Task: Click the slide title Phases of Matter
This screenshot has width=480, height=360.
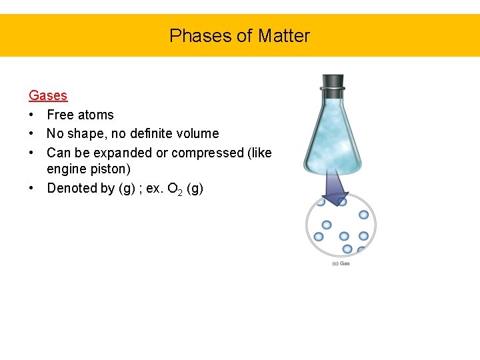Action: pos(239,35)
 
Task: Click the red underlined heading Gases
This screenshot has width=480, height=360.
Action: pos(48,95)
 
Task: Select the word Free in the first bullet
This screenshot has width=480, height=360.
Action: pos(60,115)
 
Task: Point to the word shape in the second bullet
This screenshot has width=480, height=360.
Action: pos(85,133)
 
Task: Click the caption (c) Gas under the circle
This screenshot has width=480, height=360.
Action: pos(341,263)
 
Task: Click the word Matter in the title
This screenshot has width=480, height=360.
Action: pos(285,35)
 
